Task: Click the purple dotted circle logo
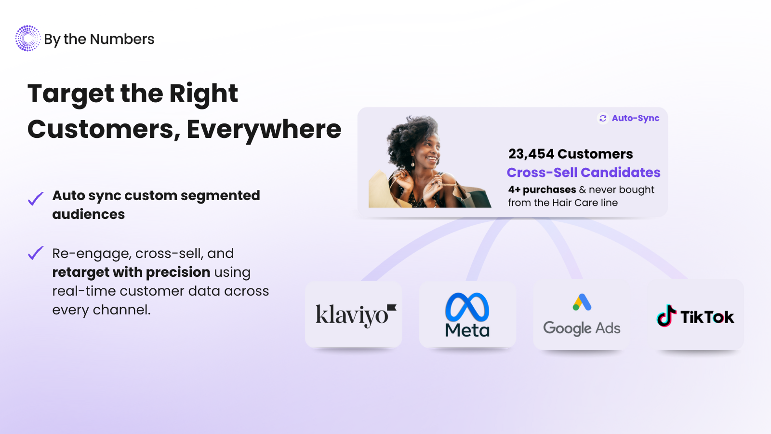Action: point(28,38)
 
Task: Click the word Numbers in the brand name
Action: point(122,39)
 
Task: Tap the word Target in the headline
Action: point(71,94)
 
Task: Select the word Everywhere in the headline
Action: point(264,129)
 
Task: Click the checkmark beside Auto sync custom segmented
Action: point(36,198)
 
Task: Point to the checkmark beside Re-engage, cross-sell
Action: point(36,253)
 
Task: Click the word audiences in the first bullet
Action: point(89,214)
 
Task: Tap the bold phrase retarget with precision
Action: point(131,272)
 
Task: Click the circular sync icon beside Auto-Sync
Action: point(603,119)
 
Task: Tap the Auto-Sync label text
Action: point(636,118)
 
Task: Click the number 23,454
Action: point(531,154)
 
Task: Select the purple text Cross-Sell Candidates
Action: point(584,172)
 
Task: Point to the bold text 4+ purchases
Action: point(542,190)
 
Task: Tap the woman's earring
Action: point(412,162)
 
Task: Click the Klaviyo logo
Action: point(356,315)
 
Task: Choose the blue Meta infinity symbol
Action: point(467,307)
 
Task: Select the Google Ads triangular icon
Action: point(582,302)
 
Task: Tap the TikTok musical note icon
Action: point(665,315)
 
